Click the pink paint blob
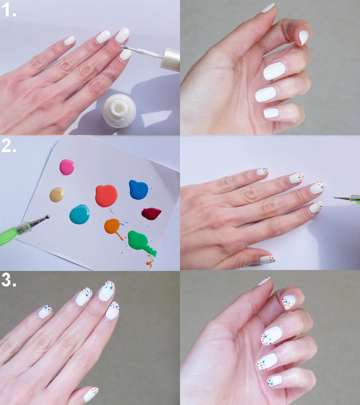tap(67, 167)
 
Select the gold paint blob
tap(56, 195)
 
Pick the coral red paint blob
tap(106, 195)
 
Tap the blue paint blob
tap(139, 190)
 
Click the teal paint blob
tap(80, 214)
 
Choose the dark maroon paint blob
tap(151, 214)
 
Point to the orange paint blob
tap(112, 226)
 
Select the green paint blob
tap(139, 241)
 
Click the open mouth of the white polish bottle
tap(120, 107)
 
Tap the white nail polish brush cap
tap(170, 59)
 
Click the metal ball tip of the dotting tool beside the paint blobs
tap(48, 216)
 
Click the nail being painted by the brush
tap(125, 54)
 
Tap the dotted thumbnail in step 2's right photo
tap(267, 259)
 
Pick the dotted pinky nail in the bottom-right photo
tap(275, 381)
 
